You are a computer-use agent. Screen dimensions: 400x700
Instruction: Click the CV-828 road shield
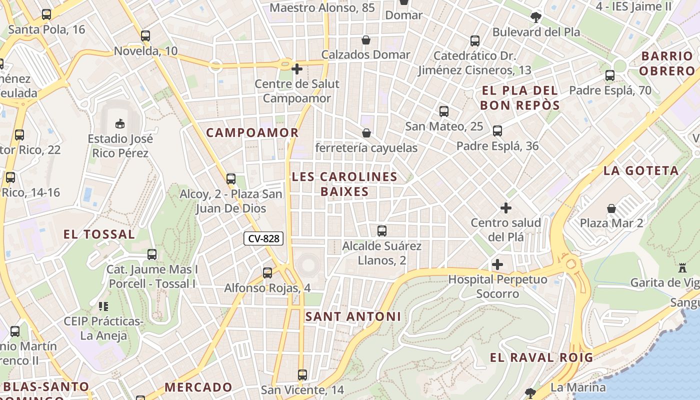pos(263,238)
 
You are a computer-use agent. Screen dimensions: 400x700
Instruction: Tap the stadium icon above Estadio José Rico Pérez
pos(120,123)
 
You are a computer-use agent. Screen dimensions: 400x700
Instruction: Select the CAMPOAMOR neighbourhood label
pos(252,132)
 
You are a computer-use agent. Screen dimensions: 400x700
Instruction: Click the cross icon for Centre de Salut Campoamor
pos(297,69)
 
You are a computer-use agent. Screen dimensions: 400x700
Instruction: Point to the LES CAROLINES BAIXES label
pos(344,184)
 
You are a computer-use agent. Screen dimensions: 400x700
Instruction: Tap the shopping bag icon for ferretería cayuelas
pos(366,133)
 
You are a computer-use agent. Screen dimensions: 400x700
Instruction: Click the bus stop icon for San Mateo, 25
pos(444,111)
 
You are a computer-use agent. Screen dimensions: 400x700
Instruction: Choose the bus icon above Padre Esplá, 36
pos(497,131)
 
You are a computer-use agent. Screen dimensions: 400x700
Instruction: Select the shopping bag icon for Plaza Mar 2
pos(611,208)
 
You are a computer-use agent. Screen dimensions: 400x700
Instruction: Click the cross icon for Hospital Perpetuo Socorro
pos(497,264)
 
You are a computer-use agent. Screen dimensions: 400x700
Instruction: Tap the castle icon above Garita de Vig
pos(682,267)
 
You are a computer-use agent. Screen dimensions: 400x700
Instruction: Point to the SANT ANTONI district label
pos(353,316)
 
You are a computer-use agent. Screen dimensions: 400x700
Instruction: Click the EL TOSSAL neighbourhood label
pos(99,234)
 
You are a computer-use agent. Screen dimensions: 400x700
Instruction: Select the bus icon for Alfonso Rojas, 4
pos(267,273)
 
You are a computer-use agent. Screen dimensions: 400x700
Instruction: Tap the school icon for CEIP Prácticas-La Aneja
pos(103,306)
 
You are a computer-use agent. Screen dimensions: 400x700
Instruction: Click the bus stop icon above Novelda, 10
pos(145,36)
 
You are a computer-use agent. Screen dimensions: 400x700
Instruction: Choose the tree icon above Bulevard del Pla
pos(536,17)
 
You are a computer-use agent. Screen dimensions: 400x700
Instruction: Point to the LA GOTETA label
pos(641,170)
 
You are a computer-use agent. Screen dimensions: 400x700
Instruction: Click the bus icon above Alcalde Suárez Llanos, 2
pos(382,231)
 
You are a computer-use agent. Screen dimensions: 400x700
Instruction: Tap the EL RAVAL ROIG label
pos(541,357)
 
